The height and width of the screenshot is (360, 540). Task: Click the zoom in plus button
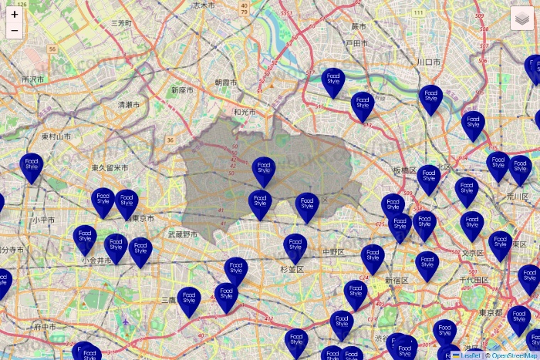[x=15, y=14]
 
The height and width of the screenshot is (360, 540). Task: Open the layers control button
[x=522, y=18]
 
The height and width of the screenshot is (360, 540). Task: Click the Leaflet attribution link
[x=471, y=355]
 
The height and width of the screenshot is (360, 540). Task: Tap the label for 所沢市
[x=33, y=79]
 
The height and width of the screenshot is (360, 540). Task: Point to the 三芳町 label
[x=121, y=23]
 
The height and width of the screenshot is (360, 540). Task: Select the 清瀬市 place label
[x=129, y=104]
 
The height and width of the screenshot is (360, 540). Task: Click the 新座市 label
[x=183, y=90]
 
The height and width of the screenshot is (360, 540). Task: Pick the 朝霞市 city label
[x=227, y=82]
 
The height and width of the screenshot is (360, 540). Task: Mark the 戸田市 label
[x=357, y=43]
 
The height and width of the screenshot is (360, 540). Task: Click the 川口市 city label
[x=429, y=62]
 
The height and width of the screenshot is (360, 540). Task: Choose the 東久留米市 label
[x=110, y=167]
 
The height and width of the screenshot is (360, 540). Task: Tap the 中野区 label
[x=334, y=251]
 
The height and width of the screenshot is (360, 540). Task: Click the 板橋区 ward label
[x=403, y=170]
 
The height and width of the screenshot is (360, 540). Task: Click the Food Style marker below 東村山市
[x=32, y=167]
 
